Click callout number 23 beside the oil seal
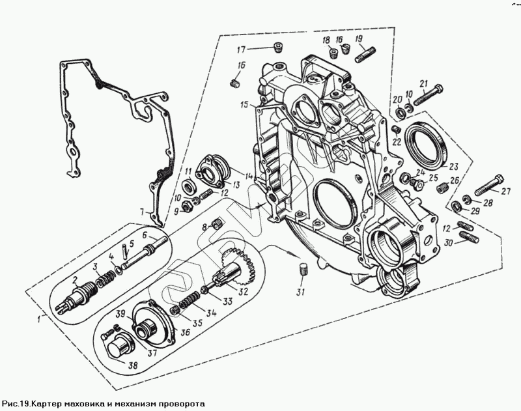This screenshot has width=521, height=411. pos(453,167)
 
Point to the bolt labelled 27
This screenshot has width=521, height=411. pos(489,185)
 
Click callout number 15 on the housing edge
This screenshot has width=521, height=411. pos(244,105)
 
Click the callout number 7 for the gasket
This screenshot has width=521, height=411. pos(142,211)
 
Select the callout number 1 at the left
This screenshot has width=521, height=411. pos(39,319)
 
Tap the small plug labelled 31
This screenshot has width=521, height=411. pos(302,269)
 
